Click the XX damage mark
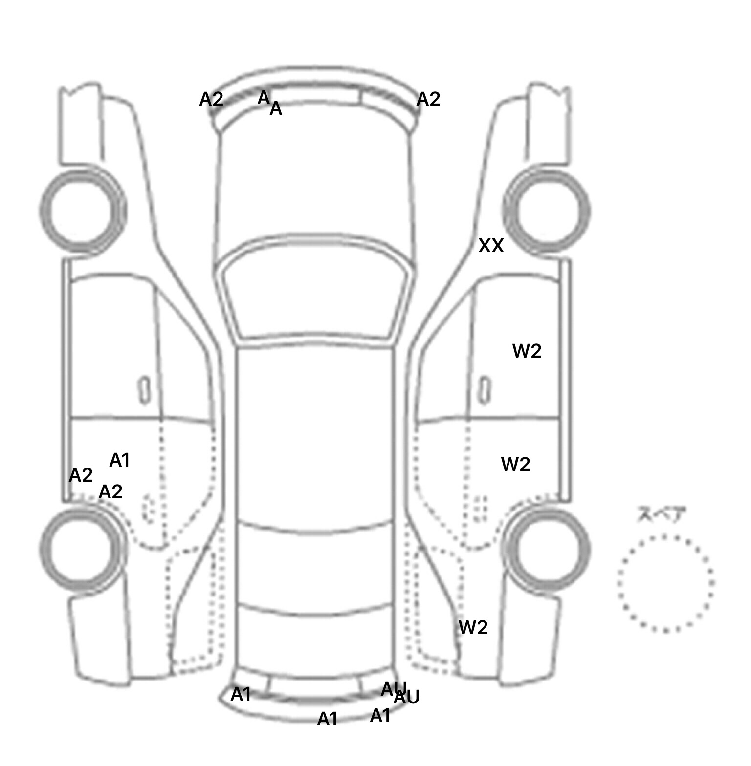point(490,246)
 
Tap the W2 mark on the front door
point(527,351)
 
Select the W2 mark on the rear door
point(515,464)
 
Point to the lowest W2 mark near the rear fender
point(473,627)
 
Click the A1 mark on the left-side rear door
point(119,460)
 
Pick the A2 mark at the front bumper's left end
point(211,99)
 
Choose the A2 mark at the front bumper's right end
point(428,99)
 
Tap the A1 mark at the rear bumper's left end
point(241,694)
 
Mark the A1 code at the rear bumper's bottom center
point(327,719)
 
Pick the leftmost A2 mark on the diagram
point(81,475)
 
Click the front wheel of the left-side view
point(82,210)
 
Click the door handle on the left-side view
point(144,390)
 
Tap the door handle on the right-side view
point(484,390)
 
